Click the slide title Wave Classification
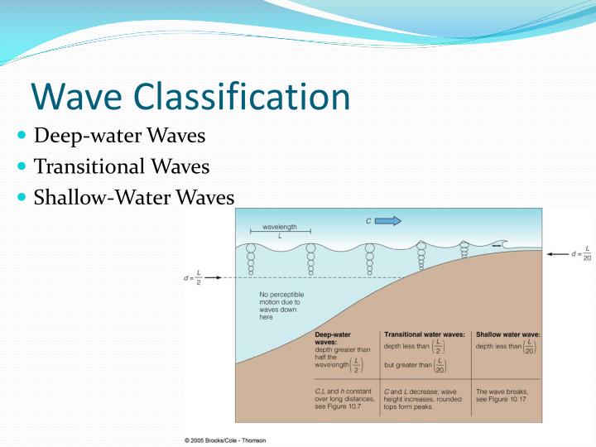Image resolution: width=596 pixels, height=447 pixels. tap(190, 97)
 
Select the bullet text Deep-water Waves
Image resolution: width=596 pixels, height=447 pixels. tap(119, 135)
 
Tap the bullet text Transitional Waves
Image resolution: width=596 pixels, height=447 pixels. tap(122, 166)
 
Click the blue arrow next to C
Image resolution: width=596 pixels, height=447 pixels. tap(388, 221)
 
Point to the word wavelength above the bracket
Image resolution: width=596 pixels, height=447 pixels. tap(280, 226)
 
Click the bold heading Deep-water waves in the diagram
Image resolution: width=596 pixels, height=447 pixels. tap(334, 339)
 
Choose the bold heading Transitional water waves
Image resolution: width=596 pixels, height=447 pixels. tap(423, 334)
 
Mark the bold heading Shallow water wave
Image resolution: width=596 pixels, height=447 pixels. tap(507, 334)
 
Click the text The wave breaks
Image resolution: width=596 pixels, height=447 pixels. tap(502, 391)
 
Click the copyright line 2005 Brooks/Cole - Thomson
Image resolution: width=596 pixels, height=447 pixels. tap(225, 440)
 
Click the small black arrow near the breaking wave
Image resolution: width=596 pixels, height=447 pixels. tap(495, 246)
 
